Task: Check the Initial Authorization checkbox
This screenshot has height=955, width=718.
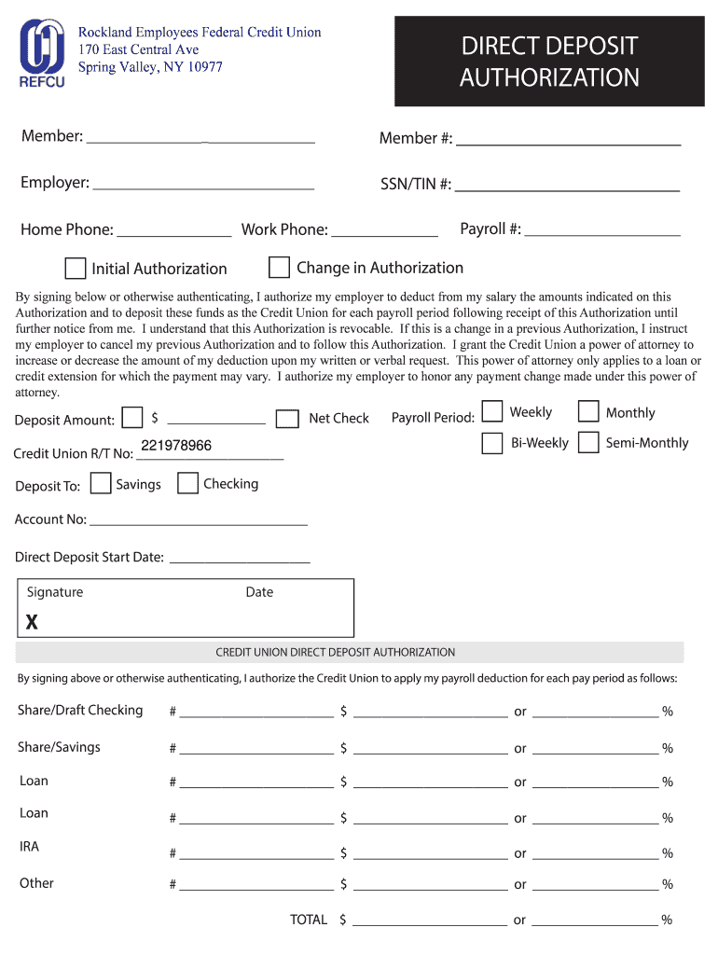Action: [x=76, y=269]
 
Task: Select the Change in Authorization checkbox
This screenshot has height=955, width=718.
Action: [x=279, y=268]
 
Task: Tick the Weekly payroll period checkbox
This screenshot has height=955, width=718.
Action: [x=492, y=412]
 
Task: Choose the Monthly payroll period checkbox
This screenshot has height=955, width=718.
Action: [x=588, y=412]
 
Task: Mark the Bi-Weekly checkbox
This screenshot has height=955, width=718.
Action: [x=492, y=443]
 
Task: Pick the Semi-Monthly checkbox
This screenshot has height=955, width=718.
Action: [x=588, y=443]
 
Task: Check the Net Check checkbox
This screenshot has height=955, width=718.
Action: [x=289, y=419]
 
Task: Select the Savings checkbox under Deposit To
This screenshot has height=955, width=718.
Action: [x=102, y=484]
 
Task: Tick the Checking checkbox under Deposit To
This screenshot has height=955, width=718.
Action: [x=187, y=483]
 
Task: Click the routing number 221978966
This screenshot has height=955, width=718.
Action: [x=176, y=446]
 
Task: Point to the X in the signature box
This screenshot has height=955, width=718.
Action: [x=32, y=622]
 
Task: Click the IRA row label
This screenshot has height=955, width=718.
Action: [x=29, y=847]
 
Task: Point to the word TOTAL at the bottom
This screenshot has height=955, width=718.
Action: [x=309, y=920]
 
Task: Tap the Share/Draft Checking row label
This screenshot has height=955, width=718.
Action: [x=80, y=711]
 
